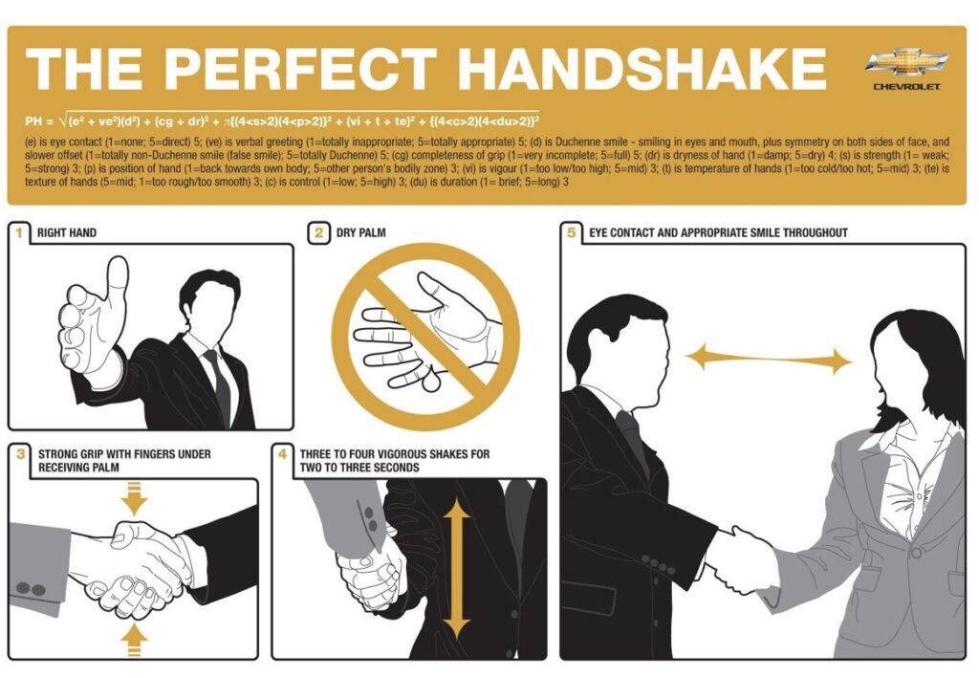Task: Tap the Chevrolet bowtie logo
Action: coord(906,64)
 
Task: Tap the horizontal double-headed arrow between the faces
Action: coord(769,361)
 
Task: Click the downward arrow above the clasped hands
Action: coord(135,498)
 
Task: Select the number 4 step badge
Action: coord(283,453)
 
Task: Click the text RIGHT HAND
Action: coord(66,232)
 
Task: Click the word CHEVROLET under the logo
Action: coord(906,87)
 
